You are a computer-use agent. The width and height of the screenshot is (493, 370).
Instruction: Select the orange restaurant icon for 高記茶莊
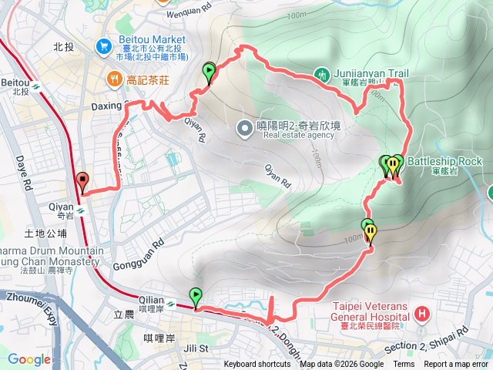(x=114, y=78)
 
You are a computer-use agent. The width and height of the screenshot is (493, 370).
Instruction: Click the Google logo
(x=29, y=359)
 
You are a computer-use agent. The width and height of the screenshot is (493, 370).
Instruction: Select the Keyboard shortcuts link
(x=257, y=365)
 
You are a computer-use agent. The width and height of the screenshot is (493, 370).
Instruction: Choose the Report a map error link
(x=456, y=365)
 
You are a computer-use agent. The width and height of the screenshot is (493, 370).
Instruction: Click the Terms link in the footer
(x=404, y=365)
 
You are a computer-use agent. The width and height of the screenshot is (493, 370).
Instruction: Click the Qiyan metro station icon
(x=80, y=207)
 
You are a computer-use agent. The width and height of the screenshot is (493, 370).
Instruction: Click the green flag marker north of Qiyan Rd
(x=210, y=72)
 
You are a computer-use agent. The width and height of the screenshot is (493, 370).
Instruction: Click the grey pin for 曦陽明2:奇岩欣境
(x=244, y=127)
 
